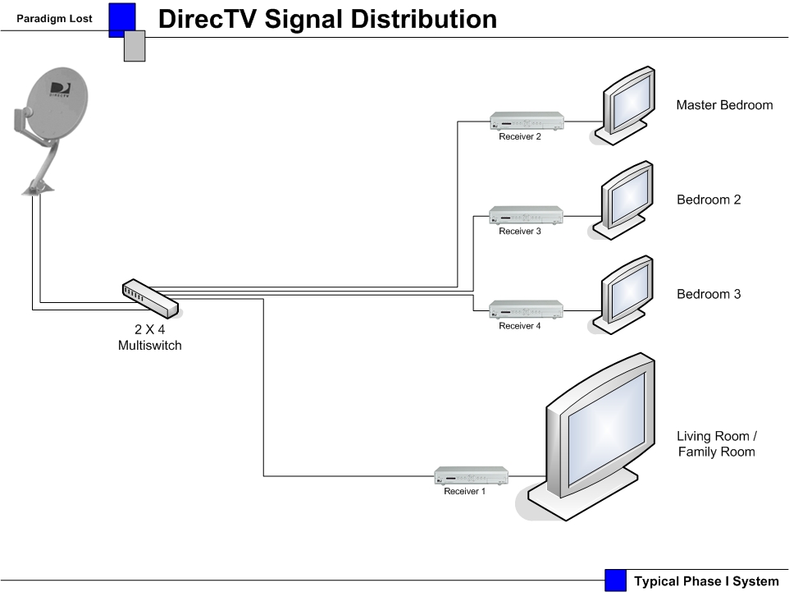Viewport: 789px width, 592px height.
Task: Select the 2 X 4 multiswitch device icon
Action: [x=150, y=299]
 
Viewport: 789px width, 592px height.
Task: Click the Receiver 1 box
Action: [x=471, y=475]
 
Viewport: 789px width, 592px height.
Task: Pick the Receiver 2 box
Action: [x=527, y=121]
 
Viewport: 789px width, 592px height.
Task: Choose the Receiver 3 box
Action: [x=527, y=215]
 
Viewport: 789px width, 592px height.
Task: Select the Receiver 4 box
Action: [x=527, y=310]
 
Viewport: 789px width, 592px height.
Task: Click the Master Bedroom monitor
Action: [x=627, y=103]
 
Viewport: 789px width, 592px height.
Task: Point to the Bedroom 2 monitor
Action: [x=627, y=197]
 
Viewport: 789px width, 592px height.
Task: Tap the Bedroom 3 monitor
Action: [x=627, y=291]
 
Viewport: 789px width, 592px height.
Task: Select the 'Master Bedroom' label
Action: [x=724, y=105]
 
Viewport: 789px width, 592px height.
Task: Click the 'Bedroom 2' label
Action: [x=709, y=200]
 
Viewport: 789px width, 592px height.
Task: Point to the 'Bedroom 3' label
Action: [x=709, y=294]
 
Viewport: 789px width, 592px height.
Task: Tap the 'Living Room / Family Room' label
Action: [x=716, y=443]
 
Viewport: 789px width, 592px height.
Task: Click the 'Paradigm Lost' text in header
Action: [x=54, y=18]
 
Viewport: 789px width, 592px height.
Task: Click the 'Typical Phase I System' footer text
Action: [x=705, y=581]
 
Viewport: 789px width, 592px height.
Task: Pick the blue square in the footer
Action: [x=615, y=581]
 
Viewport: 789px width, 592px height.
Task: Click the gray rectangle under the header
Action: [x=135, y=47]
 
